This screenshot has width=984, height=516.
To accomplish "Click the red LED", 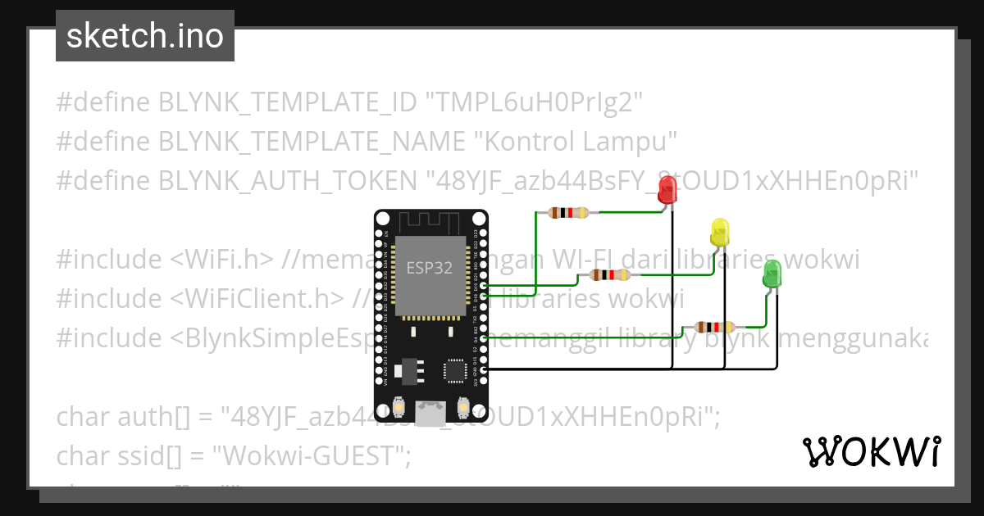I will [667, 192].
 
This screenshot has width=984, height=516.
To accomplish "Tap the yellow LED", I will [720, 232].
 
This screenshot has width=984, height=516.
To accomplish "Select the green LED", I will [772, 274].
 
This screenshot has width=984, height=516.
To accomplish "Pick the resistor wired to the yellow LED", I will [610, 275].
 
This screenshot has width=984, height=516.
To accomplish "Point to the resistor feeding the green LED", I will [714, 327].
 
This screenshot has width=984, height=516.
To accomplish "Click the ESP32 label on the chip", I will [430, 268].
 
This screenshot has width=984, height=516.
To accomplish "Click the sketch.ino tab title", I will [145, 36].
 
